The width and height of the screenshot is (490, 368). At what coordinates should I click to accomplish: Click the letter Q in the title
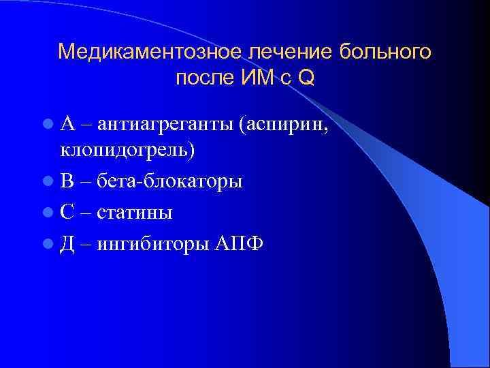306,78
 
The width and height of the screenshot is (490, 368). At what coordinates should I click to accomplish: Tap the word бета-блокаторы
169,182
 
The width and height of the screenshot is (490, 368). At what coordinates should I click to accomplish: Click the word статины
134,213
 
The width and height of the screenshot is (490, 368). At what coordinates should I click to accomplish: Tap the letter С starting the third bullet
67,213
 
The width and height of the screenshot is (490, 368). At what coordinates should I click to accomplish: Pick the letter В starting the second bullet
67,182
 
